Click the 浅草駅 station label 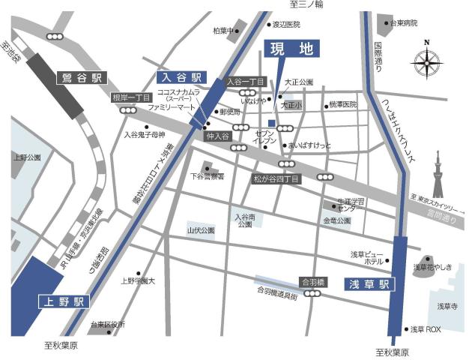point(369,284)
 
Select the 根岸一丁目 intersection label point(132,98)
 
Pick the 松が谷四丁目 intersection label point(276,179)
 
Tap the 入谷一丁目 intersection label point(246,81)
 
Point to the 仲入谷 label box point(217,136)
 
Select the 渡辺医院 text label point(286,25)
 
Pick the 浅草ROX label point(426,329)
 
